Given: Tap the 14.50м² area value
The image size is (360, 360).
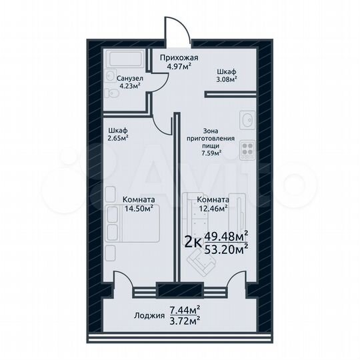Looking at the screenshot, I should pyautogui.click(x=139, y=207).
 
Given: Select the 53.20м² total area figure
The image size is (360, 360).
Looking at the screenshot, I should pyautogui.click(x=226, y=248).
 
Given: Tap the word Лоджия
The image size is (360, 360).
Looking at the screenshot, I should pyautogui.click(x=147, y=315).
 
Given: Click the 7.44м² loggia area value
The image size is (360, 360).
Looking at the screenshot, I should pyautogui.click(x=185, y=309).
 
